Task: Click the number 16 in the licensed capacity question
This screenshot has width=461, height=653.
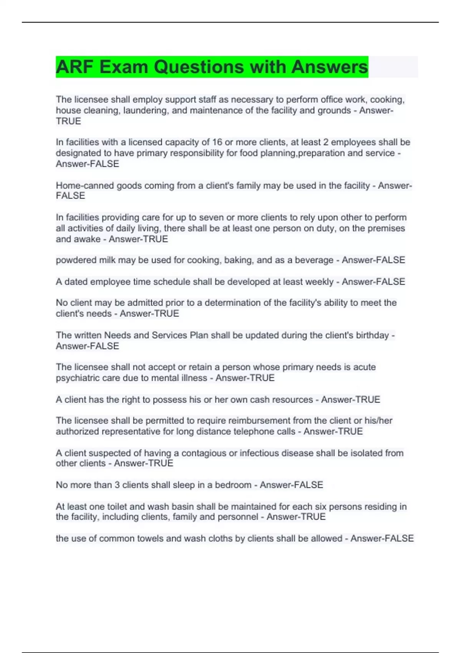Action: point(217,142)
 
